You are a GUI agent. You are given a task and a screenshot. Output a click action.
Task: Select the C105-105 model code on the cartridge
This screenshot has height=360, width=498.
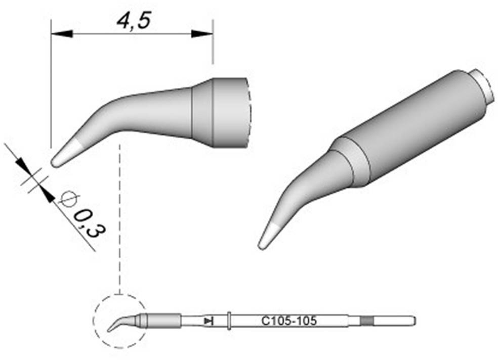tap(289, 321)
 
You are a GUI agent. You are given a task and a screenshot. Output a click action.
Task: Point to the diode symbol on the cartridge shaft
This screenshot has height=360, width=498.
tap(207, 321)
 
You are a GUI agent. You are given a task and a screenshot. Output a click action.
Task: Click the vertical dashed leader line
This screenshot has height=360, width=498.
tap(119, 217)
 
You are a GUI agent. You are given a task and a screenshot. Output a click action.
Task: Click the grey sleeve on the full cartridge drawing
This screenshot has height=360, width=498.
tap(164, 321)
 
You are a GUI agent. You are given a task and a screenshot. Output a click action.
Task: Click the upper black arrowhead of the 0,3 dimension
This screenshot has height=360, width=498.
tap(21, 164)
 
